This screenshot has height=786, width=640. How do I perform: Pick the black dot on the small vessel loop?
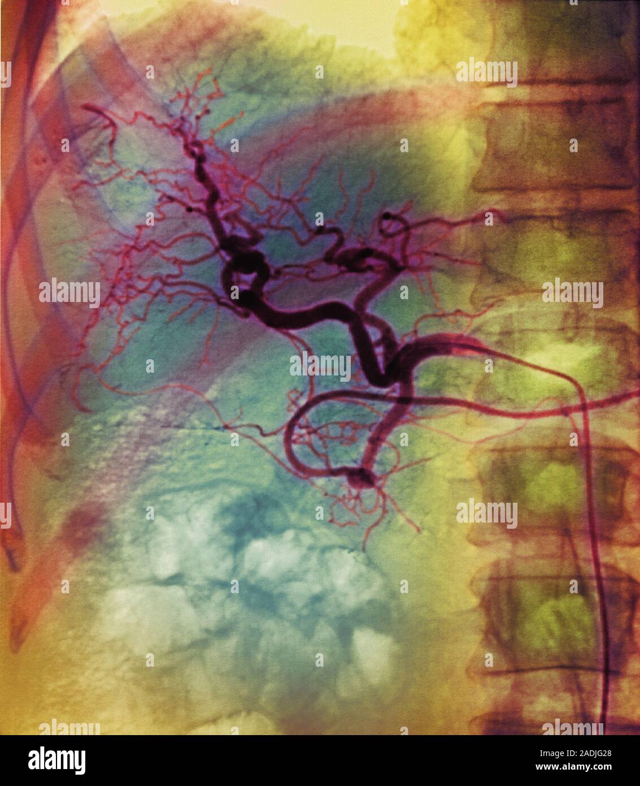pyautogui.click(x=388, y=215)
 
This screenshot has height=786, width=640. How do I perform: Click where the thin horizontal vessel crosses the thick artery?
pyautogui.click(x=402, y=400)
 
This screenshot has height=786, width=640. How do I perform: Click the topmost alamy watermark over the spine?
pyautogui.click(x=486, y=72)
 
